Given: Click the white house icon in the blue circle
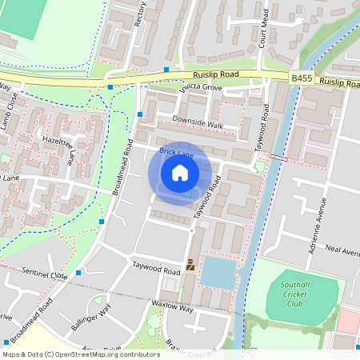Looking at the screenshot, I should [180, 172].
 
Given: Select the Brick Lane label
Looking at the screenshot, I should [176, 151].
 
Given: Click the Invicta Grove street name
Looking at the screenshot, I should [200, 87].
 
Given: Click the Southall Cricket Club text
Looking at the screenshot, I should [295, 294].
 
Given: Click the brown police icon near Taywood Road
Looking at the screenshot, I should [190, 265].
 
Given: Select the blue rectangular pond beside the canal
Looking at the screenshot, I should [218, 273].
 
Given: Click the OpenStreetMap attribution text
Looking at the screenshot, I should [80, 354].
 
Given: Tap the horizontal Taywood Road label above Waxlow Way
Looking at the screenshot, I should [156, 270].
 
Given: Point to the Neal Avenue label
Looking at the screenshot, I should [342, 250].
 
